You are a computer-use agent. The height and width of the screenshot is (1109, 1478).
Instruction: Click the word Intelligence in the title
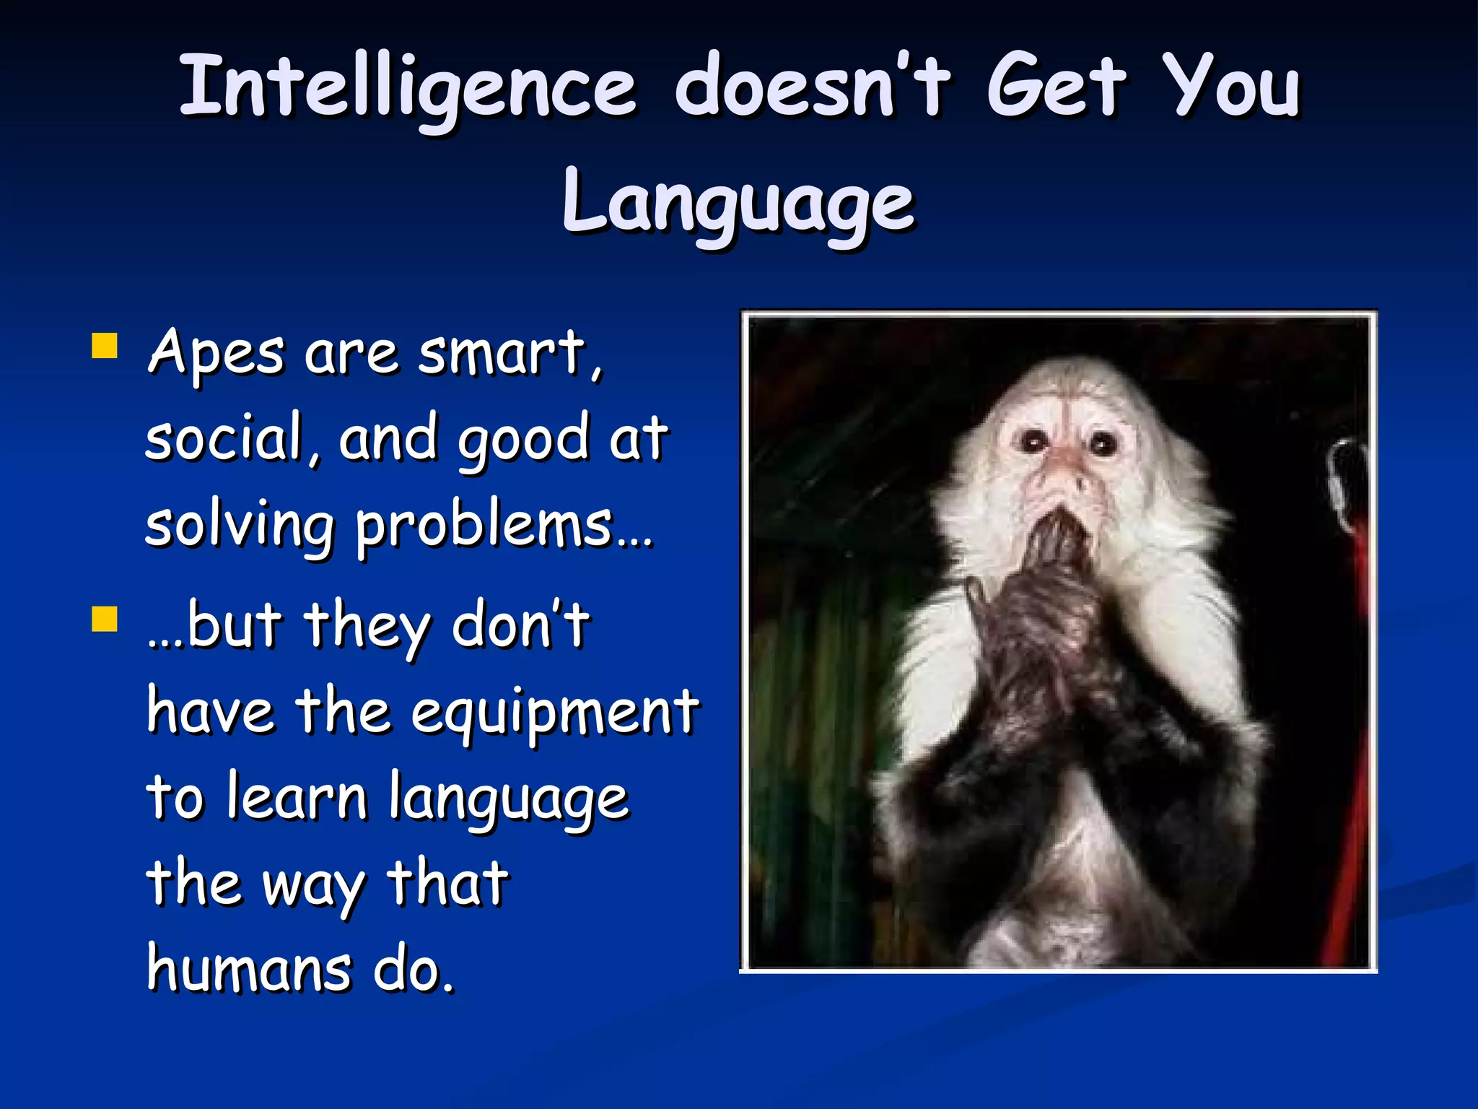coord(408,87)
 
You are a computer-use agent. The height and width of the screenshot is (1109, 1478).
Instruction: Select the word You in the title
coord(1236,87)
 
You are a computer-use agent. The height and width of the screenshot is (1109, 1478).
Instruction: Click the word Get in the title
coord(1055,87)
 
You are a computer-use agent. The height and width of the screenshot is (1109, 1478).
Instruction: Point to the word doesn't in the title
coord(812,87)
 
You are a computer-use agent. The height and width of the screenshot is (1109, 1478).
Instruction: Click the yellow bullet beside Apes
coord(105,346)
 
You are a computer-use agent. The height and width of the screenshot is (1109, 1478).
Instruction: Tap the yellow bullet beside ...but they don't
coord(105,619)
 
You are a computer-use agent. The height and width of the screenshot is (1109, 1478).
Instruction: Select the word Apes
coord(216,354)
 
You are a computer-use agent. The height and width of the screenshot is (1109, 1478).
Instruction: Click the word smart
coord(505,354)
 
